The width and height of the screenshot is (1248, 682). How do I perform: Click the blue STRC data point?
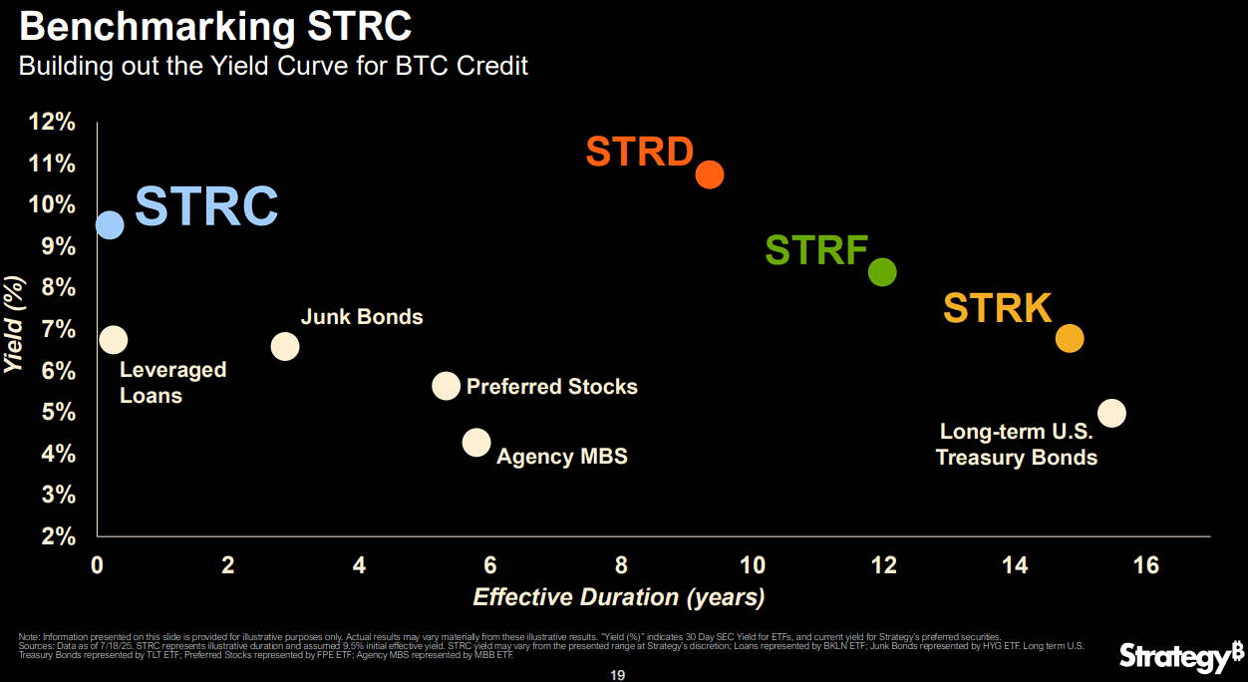110,224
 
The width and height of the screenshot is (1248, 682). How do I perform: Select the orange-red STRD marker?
709,174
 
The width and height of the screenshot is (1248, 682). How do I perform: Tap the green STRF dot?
882,272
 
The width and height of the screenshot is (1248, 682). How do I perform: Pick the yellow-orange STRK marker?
1069,339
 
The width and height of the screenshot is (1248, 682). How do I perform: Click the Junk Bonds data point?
285,346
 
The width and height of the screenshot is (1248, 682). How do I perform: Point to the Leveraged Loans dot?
114,340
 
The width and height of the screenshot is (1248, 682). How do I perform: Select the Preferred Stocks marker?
446,386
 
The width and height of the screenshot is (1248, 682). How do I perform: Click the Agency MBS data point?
476,442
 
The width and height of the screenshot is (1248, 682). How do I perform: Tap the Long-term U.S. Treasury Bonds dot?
1111,413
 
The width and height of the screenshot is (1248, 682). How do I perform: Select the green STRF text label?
816,250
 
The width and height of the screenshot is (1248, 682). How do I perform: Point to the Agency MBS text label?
562,457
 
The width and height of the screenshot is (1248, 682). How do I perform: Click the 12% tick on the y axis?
53,122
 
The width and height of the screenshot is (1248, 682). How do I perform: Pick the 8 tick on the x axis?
621,565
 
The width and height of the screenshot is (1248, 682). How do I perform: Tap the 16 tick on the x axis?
1145,565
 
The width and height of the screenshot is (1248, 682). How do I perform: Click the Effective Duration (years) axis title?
618,597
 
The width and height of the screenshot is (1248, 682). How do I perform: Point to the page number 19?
617,675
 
